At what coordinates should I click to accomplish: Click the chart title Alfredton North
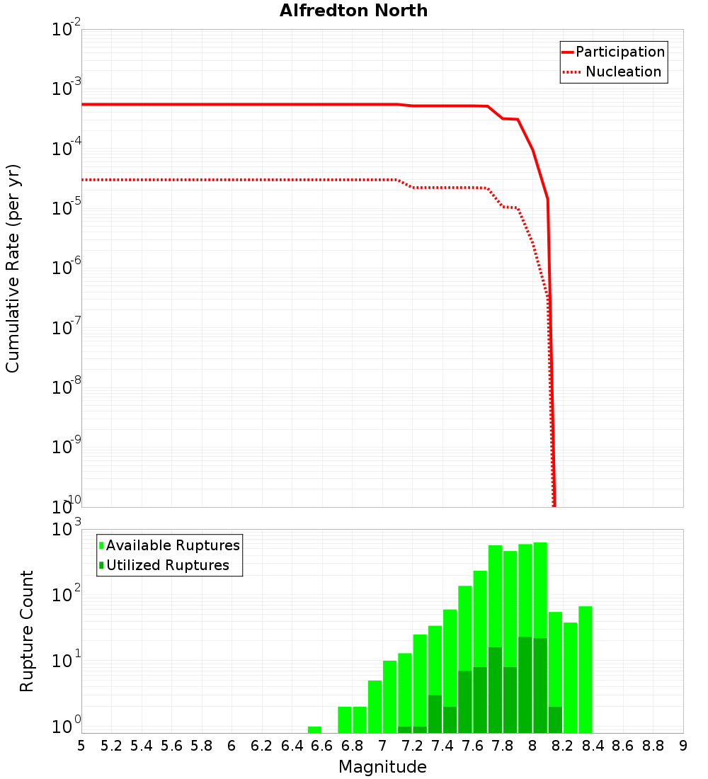[353, 11]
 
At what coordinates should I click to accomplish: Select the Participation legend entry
[619, 52]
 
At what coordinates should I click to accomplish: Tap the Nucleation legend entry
[623, 72]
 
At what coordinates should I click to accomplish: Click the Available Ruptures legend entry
[173, 545]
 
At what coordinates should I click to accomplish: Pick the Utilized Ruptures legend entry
[167, 565]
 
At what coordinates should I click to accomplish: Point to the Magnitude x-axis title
[382, 767]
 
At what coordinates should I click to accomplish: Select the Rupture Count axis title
[27, 631]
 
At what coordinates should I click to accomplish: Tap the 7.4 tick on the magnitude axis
[442, 746]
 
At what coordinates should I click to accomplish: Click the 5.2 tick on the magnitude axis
[112, 746]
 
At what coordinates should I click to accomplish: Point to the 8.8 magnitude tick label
[653, 746]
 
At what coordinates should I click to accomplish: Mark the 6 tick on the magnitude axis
[232, 746]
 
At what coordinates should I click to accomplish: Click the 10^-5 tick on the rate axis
[67, 207]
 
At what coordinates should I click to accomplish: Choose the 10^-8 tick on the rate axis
[67, 387]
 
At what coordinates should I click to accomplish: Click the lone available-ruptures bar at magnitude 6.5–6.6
[314, 729]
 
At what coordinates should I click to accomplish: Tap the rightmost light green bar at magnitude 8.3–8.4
[586, 669]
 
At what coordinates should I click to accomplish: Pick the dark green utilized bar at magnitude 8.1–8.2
[555, 720]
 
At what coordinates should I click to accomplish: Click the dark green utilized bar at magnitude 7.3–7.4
[435, 714]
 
